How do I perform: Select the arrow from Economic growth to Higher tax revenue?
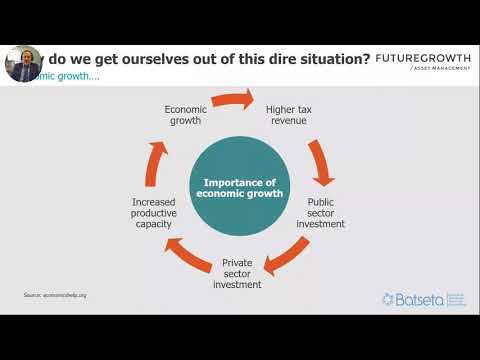(x=235, y=98)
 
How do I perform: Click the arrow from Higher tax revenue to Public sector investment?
(x=322, y=163)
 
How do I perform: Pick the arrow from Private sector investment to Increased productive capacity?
(x=184, y=255)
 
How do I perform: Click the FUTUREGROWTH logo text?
(x=424, y=59)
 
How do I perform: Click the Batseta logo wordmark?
(x=419, y=299)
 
